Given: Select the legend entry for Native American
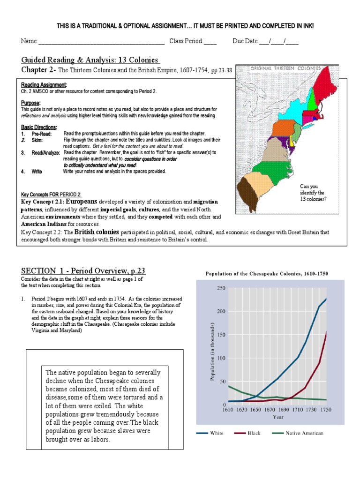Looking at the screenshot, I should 304,433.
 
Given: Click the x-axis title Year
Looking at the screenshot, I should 278,416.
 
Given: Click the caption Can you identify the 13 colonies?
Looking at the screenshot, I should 312,192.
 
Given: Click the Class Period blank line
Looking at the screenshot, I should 210,41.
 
